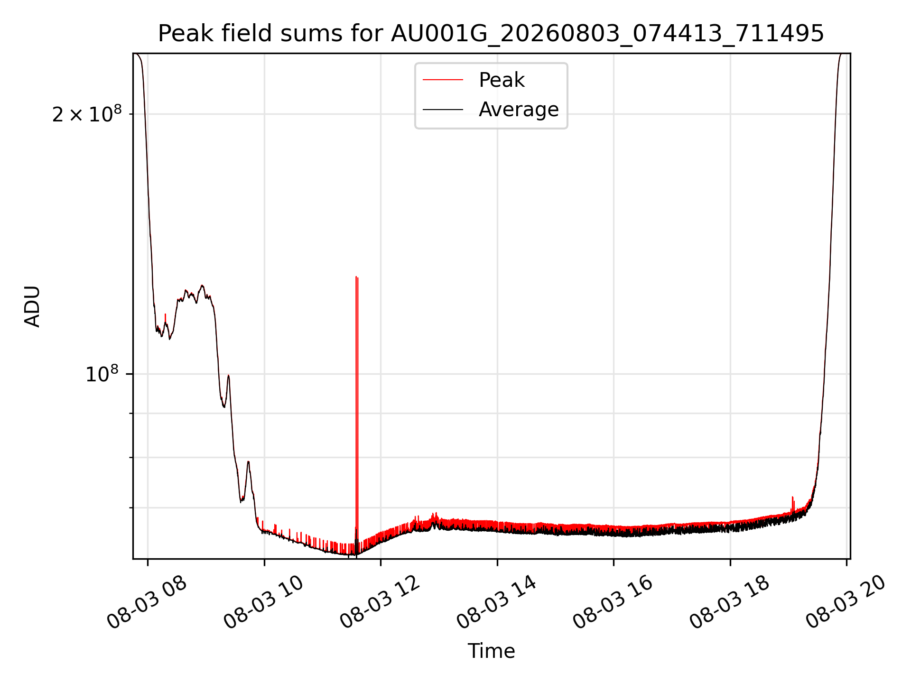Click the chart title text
(x=491, y=34)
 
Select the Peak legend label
(x=502, y=80)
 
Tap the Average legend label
(x=519, y=110)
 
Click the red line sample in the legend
(x=443, y=80)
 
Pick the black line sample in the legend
(x=443, y=110)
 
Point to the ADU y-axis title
(x=32, y=306)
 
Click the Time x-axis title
(x=491, y=651)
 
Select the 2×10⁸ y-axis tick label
(x=87, y=114)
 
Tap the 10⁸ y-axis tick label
(x=102, y=374)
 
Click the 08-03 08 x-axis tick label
(x=147, y=602)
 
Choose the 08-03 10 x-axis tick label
(x=263, y=602)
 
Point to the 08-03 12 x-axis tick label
(x=380, y=602)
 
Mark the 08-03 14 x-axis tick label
(x=496, y=602)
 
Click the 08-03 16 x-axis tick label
(x=613, y=602)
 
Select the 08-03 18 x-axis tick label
(x=729, y=602)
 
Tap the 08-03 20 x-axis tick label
(x=846, y=602)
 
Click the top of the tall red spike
(x=356, y=277)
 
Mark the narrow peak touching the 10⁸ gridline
(x=228, y=376)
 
